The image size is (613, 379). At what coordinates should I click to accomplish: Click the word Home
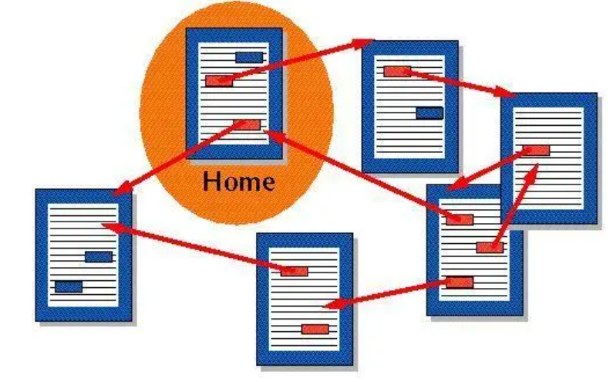[238, 182]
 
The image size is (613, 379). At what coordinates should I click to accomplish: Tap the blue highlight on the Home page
[249, 56]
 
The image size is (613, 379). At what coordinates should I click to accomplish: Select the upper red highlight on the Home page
[218, 80]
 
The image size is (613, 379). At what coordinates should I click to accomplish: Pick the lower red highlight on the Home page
[250, 124]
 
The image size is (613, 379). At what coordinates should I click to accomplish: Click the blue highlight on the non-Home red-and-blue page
[429, 113]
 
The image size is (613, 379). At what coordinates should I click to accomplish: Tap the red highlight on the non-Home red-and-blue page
[396, 71]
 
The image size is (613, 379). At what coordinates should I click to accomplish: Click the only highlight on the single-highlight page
[536, 151]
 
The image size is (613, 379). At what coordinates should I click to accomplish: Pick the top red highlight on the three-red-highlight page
[460, 219]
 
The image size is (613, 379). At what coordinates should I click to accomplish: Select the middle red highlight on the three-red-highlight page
[489, 247]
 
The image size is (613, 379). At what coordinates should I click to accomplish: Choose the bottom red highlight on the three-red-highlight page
[460, 282]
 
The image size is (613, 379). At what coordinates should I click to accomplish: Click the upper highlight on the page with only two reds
[295, 270]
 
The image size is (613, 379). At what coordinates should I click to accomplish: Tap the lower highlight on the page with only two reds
[315, 329]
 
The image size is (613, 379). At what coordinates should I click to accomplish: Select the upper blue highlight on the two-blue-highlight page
[99, 256]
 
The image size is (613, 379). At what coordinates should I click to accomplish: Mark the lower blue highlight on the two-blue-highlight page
[69, 286]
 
